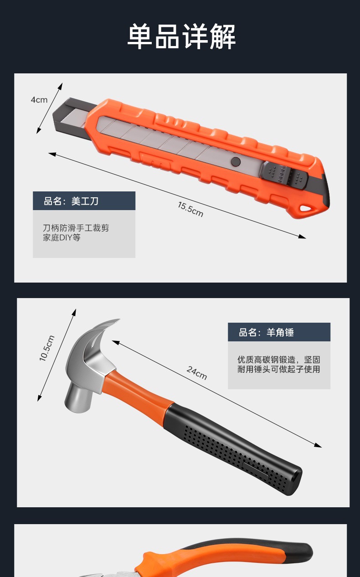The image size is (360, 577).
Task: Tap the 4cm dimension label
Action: click(39, 100)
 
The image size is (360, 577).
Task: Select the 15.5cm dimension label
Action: click(190, 209)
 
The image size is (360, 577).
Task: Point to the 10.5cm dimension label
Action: click(47, 349)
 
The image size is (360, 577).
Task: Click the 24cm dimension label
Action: click(196, 372)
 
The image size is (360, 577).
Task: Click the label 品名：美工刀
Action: click(71, 201)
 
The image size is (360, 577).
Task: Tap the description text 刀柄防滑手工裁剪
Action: click(76, 228)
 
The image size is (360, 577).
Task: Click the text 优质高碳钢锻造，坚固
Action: click(278, 360)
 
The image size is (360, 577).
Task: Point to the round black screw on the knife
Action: click(236, 161)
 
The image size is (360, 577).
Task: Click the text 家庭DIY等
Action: click(62, 238)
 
